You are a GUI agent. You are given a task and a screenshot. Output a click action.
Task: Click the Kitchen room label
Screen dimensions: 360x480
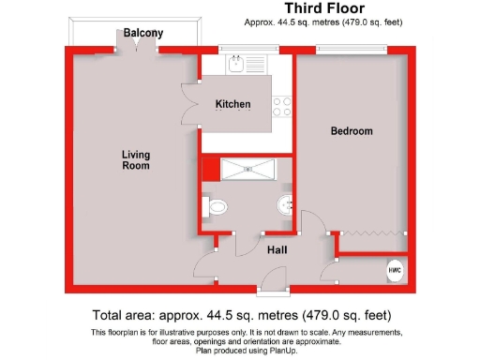click(x=232, y=104)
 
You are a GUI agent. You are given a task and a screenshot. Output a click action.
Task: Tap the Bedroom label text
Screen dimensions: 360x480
click(x=352, y=131)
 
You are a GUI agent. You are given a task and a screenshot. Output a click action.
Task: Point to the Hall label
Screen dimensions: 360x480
click(x=276, y=250)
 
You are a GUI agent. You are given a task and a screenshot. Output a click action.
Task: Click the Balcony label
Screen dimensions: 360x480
click(x=143, y=34)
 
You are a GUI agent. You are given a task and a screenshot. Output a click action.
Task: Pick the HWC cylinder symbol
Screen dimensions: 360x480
click(x=395, y=270)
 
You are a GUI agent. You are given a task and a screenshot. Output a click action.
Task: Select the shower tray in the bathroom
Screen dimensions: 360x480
click(x=247, y=169)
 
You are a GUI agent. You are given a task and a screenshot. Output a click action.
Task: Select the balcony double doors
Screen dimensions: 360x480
click(x=137, y=49)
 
